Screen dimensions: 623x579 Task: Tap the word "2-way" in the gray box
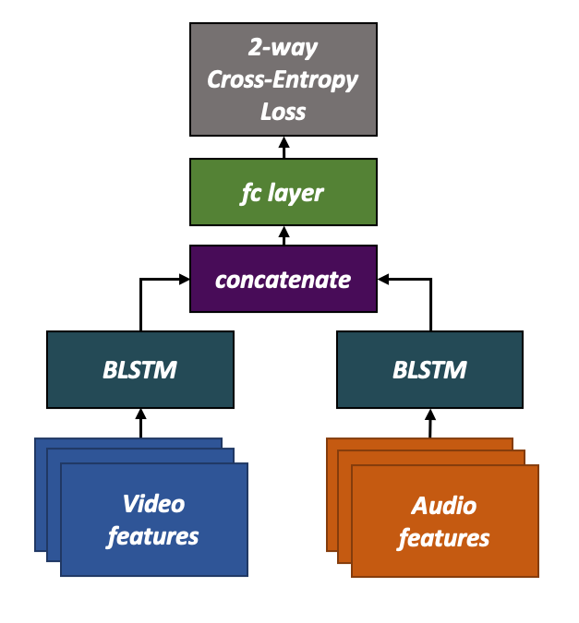(x=283, y=47)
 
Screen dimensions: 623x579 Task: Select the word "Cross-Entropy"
(x=283, y=79)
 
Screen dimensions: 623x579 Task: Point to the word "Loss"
(x=283, y=112)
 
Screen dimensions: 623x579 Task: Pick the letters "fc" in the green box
(x=251, y=193)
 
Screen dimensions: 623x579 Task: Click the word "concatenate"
(x=283, y=279)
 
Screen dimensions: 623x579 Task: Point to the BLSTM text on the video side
(x=139, y=371)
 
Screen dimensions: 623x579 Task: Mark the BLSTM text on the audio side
(x=429, y=371)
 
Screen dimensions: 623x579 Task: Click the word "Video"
(x=153, y=504)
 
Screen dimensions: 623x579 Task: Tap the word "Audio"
(x=444, y=506)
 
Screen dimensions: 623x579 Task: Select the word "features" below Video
(x=153, y=536)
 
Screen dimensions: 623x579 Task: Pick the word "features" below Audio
(x=444, y=538)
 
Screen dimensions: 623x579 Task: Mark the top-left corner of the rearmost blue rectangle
(x=36, y=439)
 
